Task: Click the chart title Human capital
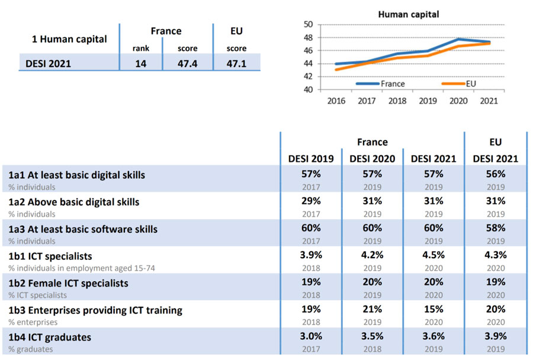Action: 408,14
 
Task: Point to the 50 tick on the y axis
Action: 307,24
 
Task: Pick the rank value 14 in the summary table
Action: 141,63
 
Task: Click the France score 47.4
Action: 187,63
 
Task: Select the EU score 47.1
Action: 236,63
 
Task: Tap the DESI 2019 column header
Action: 311,159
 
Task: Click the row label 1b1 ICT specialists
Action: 50,256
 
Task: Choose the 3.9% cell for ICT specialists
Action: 311,255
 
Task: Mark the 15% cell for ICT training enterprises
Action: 434,309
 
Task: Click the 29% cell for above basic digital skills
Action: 311,201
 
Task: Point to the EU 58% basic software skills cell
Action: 496,229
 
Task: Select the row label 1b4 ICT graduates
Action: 50,337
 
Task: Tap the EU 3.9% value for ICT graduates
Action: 496,336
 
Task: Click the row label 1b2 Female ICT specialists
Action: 68,283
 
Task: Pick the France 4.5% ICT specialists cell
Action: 434,255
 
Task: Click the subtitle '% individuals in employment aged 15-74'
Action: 81,268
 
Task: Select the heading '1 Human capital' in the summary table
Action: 69,40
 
